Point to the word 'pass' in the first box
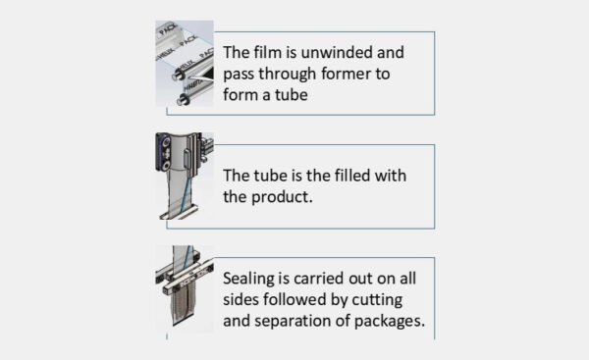(x=241, y=74)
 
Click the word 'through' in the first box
(x=291, y=74)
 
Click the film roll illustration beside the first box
(x=184, y=63)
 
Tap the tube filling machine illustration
(x=184, y=178)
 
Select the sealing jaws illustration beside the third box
(x=184, y=288)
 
